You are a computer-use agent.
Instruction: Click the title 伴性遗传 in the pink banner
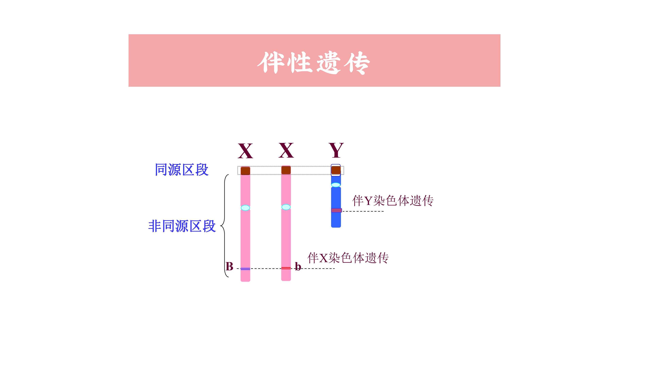(x=314, y=63)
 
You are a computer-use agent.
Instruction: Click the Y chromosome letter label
(x=336, y=150)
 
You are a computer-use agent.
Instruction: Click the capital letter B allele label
(x=229, y=266)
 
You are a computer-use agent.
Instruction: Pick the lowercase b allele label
(x=298, y=266)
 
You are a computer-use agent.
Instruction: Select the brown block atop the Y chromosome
(x=336, y=170)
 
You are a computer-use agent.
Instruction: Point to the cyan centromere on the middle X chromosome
(x=286, y=207)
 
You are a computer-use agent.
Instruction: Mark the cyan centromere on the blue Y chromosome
(x=336, y=185)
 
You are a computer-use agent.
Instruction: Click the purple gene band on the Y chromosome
(x=336, y=210)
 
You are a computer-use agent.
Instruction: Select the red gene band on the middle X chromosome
(x=286, y=268)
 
